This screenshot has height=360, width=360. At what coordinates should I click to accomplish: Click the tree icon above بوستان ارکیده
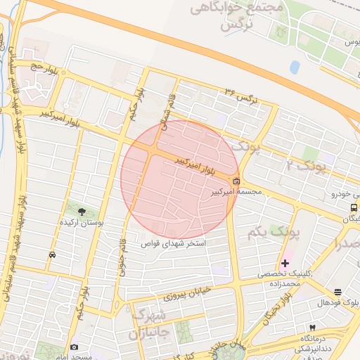tap(82, 211)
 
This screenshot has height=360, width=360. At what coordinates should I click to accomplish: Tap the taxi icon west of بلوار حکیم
tap(53, 255)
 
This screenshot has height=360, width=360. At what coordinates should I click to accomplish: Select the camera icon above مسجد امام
tap(75, 347)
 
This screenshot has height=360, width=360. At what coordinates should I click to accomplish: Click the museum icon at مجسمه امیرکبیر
tap(236, 180)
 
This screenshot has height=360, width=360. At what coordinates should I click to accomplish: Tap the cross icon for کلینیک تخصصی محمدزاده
tap(285, 263)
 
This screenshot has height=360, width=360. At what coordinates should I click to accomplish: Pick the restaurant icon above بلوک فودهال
tap(338, 292)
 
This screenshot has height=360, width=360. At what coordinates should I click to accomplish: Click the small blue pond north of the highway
tap(294, 67)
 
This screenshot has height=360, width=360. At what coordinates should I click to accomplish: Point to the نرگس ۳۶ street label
tap(242, 97)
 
